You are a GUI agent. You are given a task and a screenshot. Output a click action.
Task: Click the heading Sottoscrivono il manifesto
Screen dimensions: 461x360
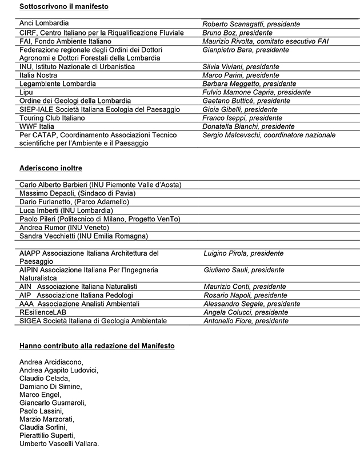(x=63, y=6)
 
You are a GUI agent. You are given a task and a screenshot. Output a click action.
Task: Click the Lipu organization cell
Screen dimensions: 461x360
(x=26, y=92)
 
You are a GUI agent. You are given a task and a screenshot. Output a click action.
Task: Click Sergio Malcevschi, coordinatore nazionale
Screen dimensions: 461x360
(x=269, y=135)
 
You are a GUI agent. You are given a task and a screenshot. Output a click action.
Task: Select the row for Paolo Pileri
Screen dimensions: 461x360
(x=99, y=219)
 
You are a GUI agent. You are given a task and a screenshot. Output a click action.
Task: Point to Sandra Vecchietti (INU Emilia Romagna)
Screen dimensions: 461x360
(x=83, y=236)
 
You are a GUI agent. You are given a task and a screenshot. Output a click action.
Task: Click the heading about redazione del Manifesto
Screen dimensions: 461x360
(x=97, y=346)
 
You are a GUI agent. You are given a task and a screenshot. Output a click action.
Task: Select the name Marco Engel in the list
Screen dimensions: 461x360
(x=39, y=395)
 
